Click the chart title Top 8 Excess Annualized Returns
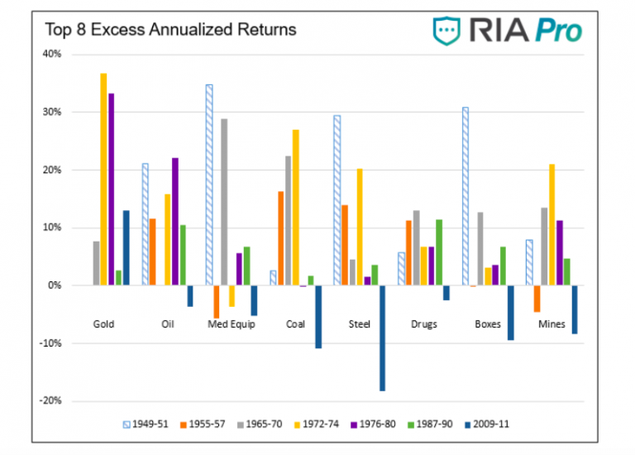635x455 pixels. [x=159, y=31]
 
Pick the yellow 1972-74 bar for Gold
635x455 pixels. [x=104, y=180]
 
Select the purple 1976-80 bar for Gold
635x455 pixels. [x=112, y=189]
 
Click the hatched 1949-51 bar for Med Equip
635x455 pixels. [x=209, y=184]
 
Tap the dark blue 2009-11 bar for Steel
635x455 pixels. [x=383, y=338]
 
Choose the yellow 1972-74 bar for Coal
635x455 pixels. [x=295, y=208]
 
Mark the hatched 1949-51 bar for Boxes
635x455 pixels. [x=466, y=196]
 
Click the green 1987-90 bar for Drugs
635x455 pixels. [x=438, y=252]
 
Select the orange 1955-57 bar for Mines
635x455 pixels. [x=536, y=299]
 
